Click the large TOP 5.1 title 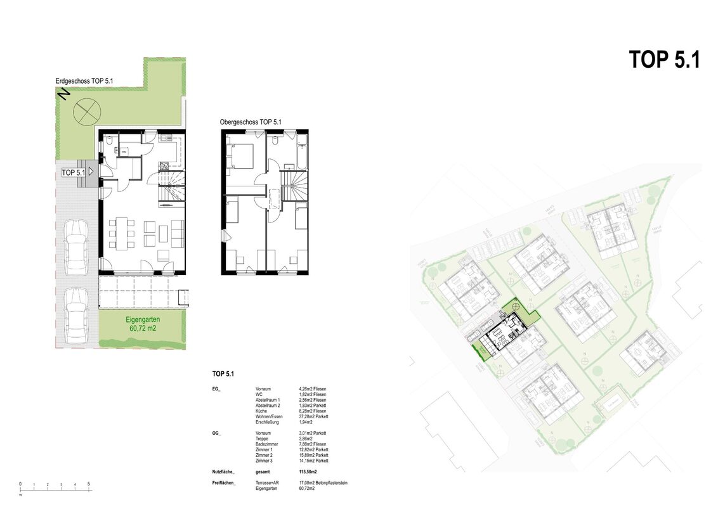click(x=664, y=60)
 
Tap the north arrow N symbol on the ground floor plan click(x=63, y=94)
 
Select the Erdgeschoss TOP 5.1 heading click(x=84, y=80)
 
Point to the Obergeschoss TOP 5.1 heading click(x=251, y=122)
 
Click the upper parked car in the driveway click(x=76, y=246)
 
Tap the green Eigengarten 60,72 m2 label click(x=142, y=324)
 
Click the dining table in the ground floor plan click(x=121, y=233)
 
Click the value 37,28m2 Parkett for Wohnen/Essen click(x=313, y=416)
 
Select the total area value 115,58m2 click(x=308, y=472)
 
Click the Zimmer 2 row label click(x=264, y=456)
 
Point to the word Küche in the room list click(x=261, y=411)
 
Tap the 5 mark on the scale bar click(x=89, y=484)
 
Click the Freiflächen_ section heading click(x=224, y=484)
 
